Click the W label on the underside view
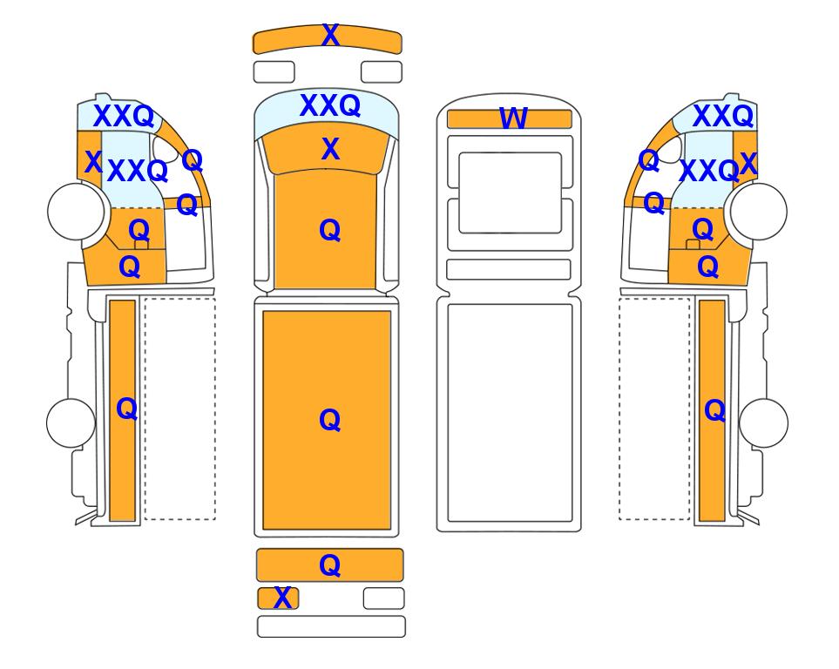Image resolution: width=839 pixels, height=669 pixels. (x=513, y=118)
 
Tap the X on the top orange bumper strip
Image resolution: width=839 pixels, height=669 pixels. (x=330, y=36)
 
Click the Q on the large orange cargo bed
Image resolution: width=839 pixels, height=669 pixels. (x=329, y=420)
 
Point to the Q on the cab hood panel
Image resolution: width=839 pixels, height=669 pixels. (x=329, y=230)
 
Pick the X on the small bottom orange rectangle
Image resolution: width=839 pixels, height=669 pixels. (x=282, y=598)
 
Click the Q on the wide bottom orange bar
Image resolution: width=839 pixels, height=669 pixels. (x=329, y=565)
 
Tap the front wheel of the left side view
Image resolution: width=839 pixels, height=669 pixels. (x=76, y=212)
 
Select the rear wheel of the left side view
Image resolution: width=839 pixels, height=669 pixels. (x=71, y=422)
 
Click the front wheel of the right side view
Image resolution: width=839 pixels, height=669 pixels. (x=759, y=212)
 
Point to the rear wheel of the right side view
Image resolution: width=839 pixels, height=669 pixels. (x=763, y=422)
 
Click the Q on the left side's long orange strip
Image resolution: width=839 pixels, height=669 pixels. (x=127, y=409)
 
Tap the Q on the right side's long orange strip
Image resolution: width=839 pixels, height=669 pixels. (x=715, y=410)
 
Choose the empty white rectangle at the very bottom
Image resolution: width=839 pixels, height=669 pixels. (x=331, y=626)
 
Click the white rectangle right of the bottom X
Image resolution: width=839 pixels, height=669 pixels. (x=383, y=598)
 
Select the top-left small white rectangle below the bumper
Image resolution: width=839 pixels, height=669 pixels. (x=274, y=72)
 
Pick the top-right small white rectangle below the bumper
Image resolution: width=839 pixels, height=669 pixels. (x=382, y=72)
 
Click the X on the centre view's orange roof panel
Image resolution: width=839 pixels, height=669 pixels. (x=330, y=149)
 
